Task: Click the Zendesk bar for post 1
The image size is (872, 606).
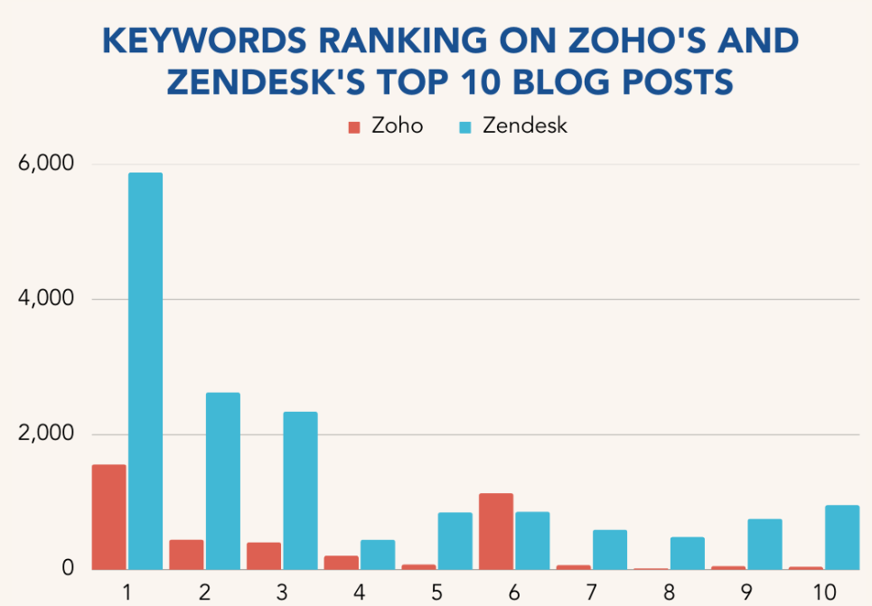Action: click(145, 370)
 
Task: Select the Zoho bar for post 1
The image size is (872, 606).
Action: click(109, 517)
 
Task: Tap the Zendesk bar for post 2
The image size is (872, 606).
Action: click(222, 480)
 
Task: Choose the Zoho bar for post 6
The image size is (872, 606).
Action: click(496, 531)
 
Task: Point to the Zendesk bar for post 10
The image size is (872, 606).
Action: click(842, 537)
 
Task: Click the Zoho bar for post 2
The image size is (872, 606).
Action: click(186, 555)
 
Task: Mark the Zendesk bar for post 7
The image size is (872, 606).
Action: click(610, 549)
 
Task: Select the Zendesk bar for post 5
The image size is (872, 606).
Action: click(455, 541)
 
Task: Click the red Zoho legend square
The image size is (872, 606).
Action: click(355, 126)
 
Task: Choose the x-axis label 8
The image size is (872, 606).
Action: click(669, 593)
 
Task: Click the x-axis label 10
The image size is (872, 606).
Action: click(825, 593)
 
